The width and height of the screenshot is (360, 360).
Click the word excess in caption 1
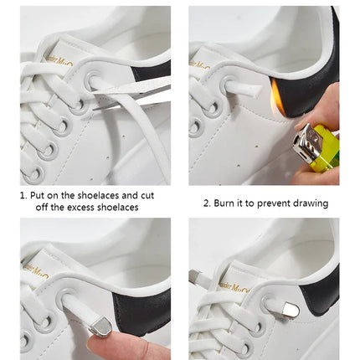coord(85,208)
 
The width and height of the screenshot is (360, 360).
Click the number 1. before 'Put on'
coord(25,195)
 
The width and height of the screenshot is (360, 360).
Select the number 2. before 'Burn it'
coord(208,203)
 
